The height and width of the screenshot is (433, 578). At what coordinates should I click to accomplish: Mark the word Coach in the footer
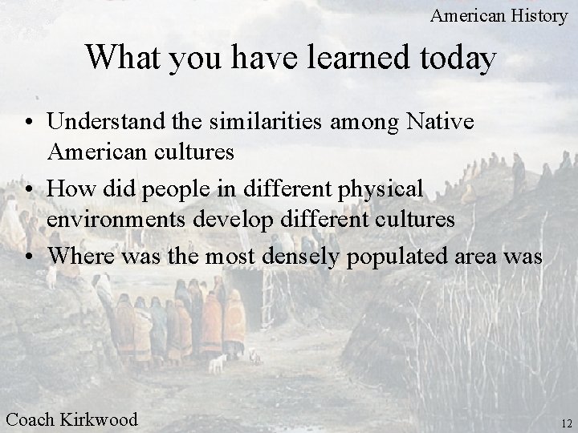pos(31,419)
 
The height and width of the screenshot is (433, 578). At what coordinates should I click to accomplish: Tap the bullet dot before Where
pos(28,257)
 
